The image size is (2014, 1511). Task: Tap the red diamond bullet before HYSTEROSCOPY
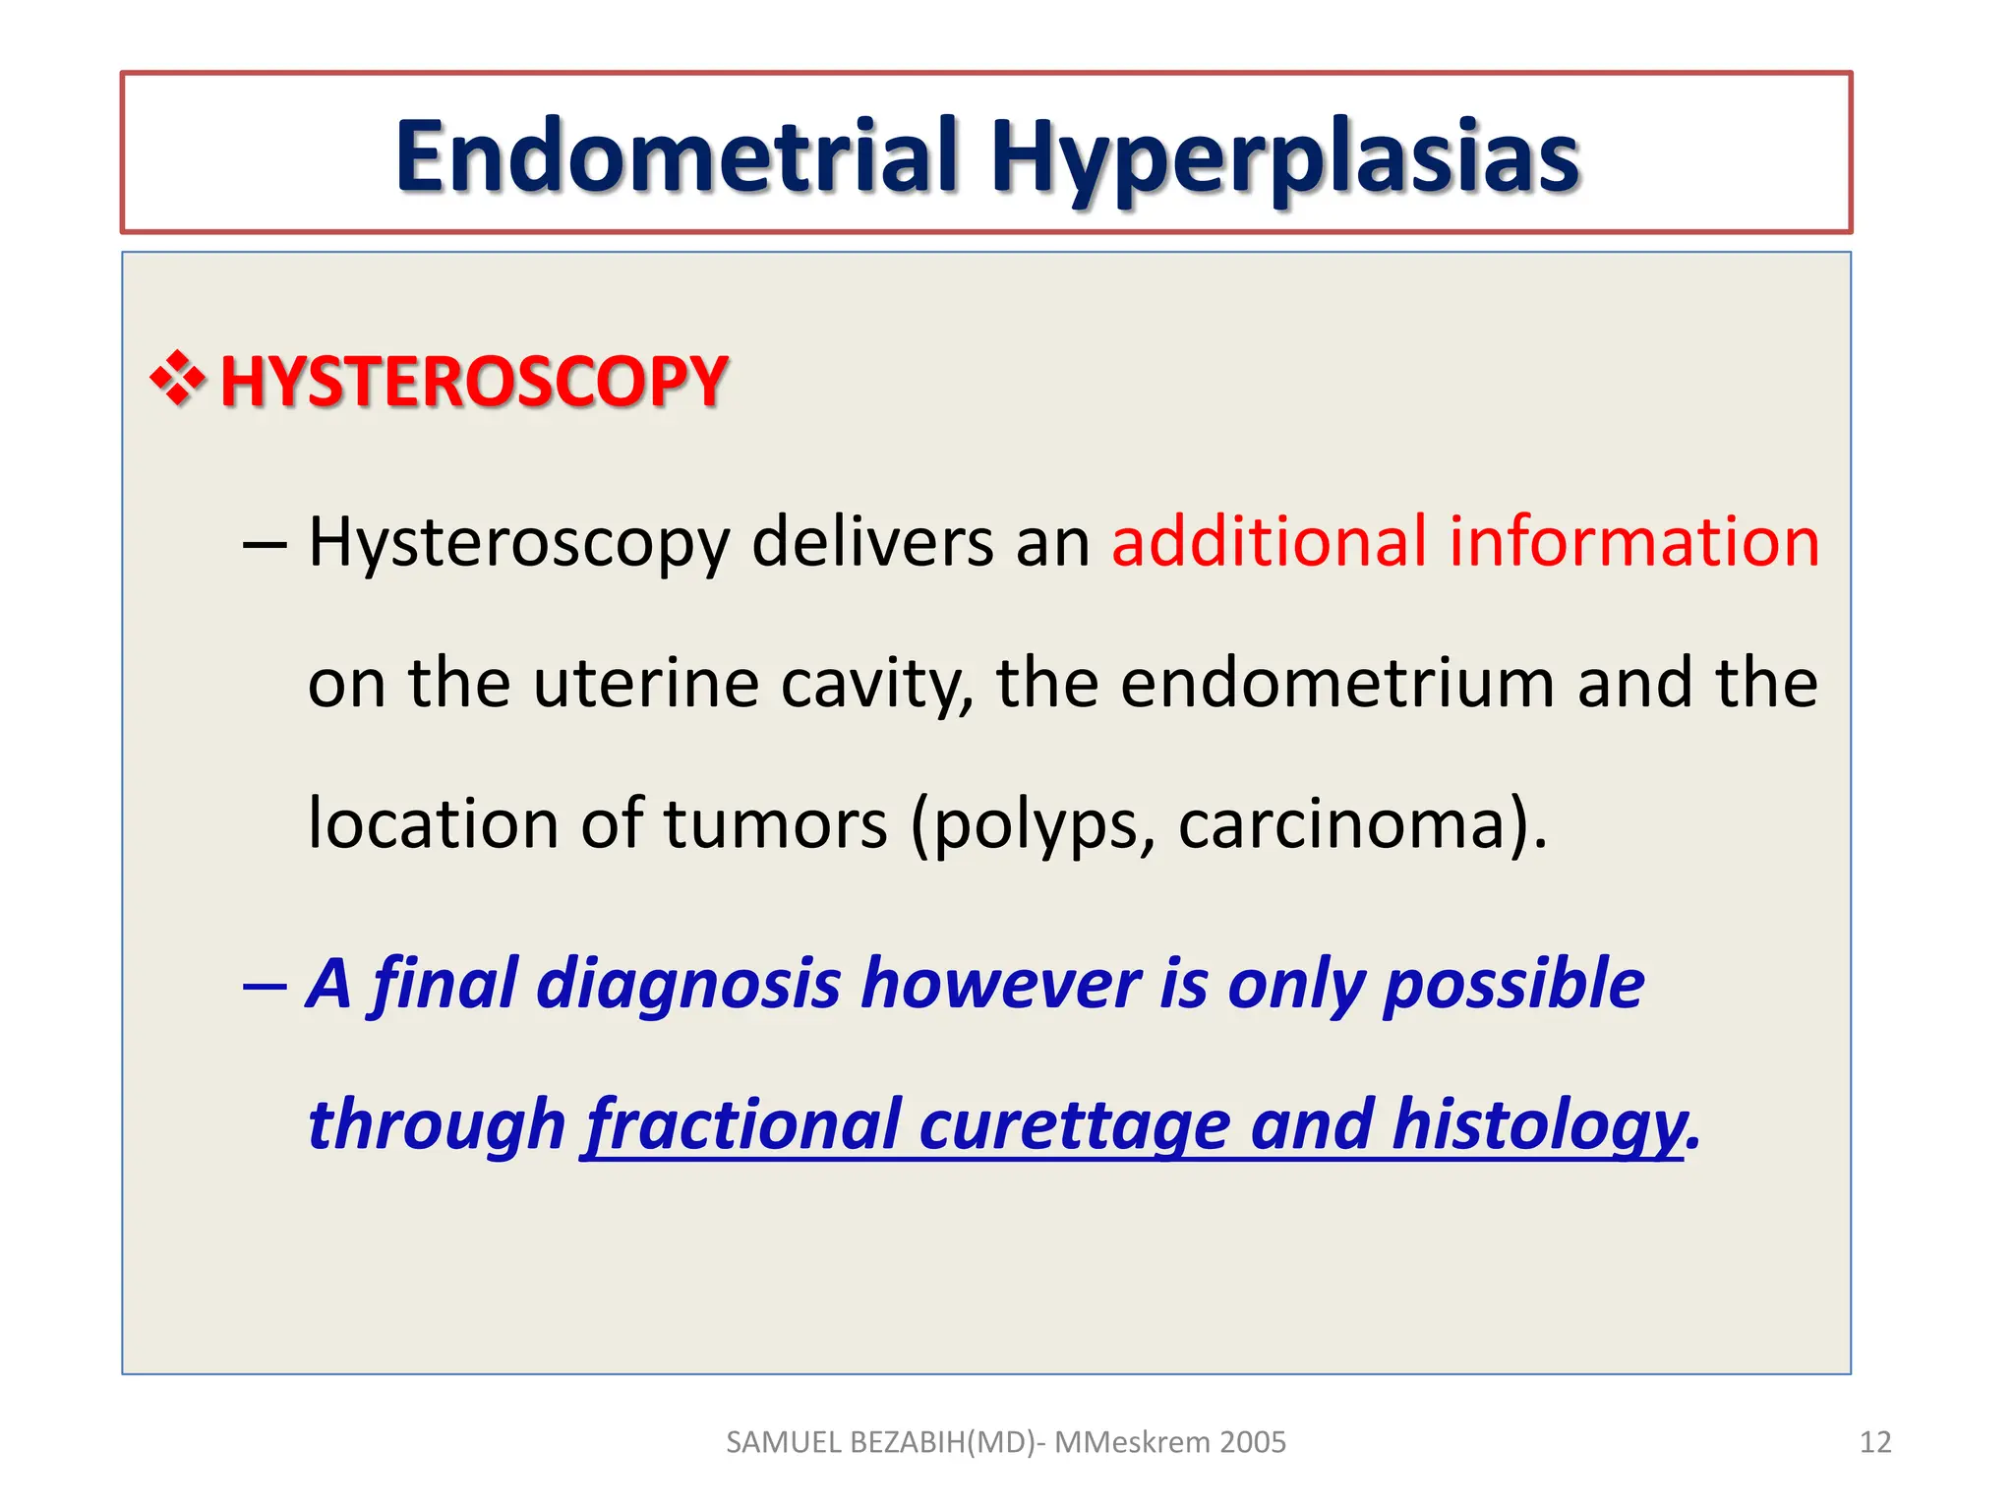pos(178,380)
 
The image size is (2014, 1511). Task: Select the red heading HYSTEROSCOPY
pos(473,382)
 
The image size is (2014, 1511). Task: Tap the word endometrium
pos(1337,684)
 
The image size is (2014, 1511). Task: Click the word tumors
pos(775,823)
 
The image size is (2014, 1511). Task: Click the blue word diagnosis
pos(687,984)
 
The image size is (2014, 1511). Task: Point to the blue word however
pos(1000,984)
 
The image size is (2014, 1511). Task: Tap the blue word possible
pos(1513,984)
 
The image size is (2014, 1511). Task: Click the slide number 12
pos(1875,1442)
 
